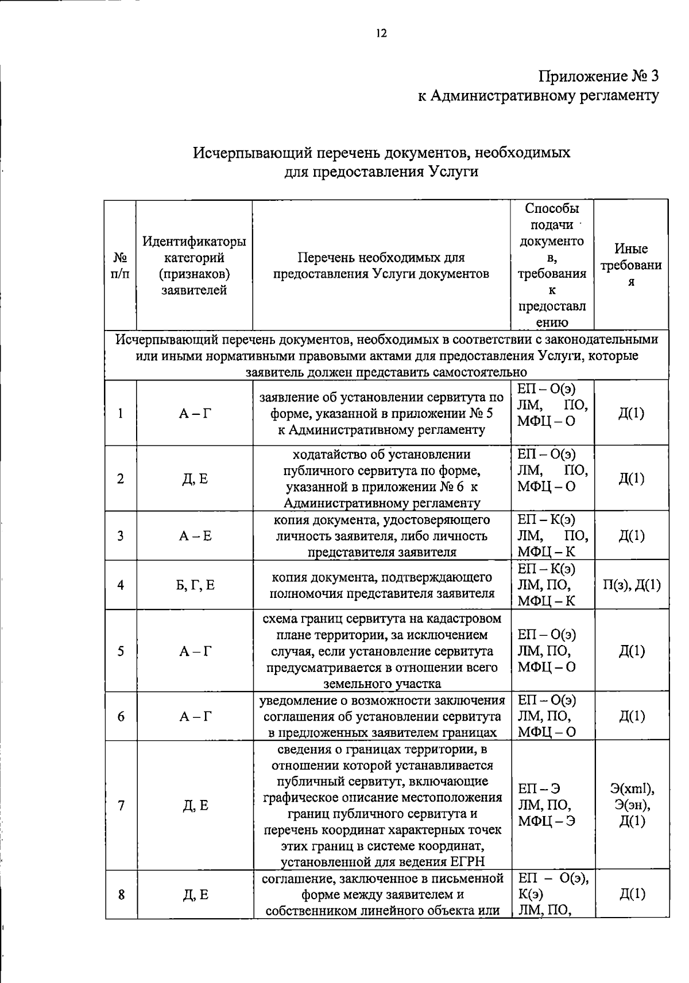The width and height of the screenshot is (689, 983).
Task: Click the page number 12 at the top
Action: tap(382, 33)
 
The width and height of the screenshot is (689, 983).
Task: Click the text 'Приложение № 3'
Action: tap(598, 76)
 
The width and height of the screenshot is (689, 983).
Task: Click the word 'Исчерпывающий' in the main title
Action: tap(245, 153)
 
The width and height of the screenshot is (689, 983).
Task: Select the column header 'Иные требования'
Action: tap(630, 265)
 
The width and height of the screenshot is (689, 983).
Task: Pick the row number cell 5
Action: tap(121, 651)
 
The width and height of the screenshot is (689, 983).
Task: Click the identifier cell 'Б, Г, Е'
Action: tap(195, 585)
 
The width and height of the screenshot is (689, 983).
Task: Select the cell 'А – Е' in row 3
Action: tap(195, 536)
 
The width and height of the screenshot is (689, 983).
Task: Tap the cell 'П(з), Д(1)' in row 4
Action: tap(631, 585)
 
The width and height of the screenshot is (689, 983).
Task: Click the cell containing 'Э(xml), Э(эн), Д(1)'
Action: tap(631, 805)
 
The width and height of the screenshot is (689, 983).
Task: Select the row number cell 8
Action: tap(121, 895)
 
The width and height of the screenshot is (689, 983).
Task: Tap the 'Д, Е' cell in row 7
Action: tap(195, 806)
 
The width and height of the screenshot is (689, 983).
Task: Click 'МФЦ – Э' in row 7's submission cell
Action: tap(546, 821)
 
